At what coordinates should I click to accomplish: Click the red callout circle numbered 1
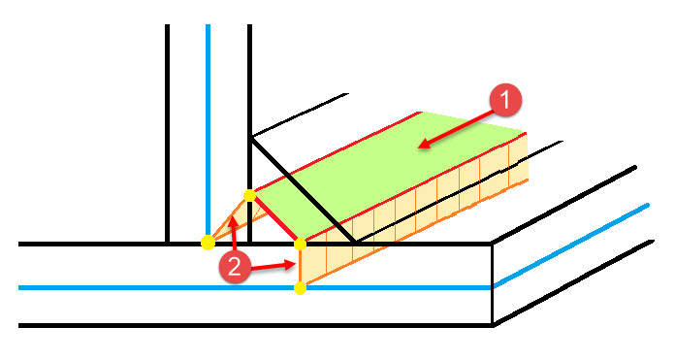tap(505, 100)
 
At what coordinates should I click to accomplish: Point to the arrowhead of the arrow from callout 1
tap(421, 147)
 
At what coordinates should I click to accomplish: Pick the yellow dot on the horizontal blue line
tap(300, 288)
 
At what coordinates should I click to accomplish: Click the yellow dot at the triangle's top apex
tap(250, 196)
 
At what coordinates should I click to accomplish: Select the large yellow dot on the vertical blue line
tap(208, 242)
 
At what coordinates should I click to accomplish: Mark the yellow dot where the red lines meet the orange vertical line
tap(300, 243)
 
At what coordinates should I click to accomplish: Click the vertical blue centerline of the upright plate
tap(208, 116)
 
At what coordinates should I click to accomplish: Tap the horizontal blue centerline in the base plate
tap(145, 288)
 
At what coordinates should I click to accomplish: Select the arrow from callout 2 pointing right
tap(275, 263)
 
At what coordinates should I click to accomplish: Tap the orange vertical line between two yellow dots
tap(300, 266)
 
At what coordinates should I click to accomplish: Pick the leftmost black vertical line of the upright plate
tap(167, 126)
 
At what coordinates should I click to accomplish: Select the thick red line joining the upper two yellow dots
tap(275, 219)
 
